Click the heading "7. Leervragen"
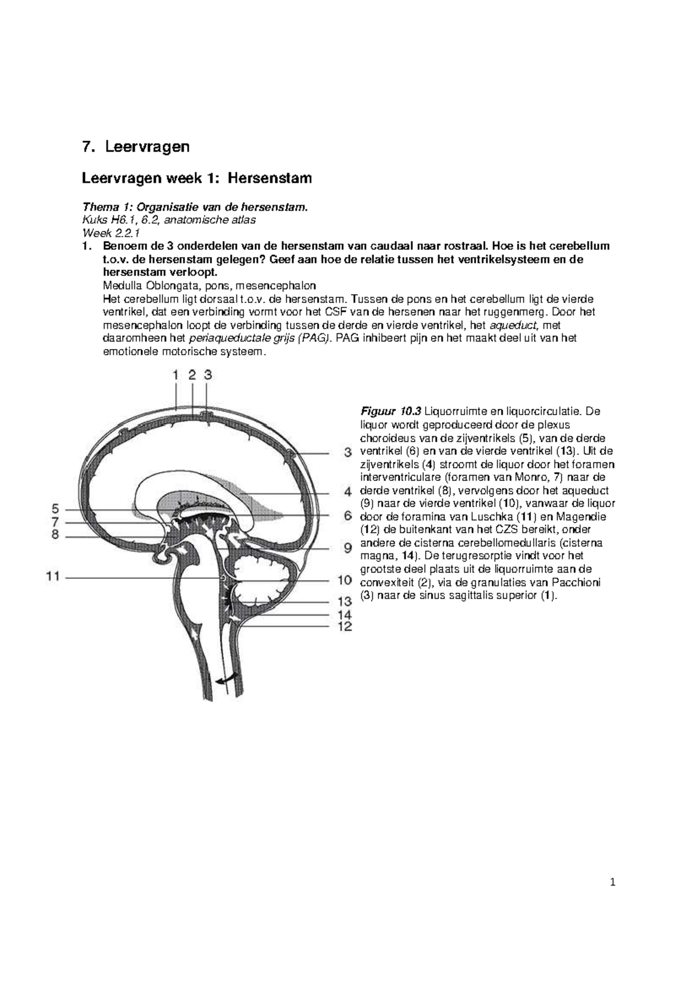136,147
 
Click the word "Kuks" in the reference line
94,221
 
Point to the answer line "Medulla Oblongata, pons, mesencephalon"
209,286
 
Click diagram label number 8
55,535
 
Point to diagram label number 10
344,580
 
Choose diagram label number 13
344,602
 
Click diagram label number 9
347,548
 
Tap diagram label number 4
347,492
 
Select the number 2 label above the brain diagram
192,375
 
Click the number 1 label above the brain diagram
176,375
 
